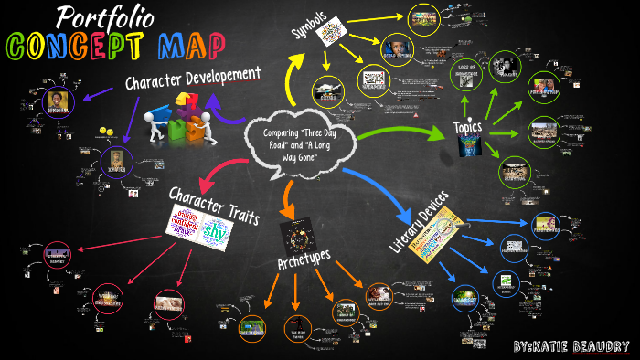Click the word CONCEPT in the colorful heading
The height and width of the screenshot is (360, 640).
click(69, 45)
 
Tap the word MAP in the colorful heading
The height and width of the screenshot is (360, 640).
click(183, 45)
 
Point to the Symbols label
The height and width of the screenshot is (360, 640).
click(312, 30)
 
